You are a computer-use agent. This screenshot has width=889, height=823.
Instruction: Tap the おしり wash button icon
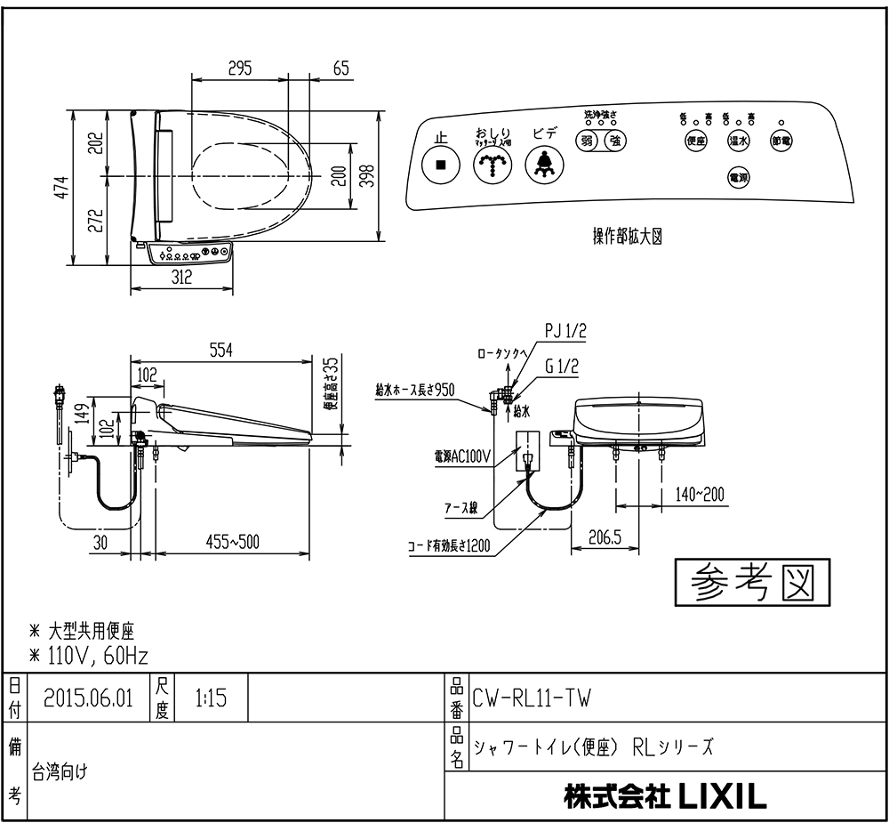point(492,165)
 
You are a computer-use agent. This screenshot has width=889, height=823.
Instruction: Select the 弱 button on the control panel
point(587,140)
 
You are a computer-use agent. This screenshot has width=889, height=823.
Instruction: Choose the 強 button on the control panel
point(614,140)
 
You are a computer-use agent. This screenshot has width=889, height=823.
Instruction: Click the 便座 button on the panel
point(696,141)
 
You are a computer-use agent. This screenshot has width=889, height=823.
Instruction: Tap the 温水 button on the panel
point(738,141)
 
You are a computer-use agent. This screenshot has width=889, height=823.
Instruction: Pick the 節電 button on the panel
point(781,141)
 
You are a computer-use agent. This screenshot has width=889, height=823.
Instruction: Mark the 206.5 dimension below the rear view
point(605,537)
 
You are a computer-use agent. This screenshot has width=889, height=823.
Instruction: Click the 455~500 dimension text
point(232,542)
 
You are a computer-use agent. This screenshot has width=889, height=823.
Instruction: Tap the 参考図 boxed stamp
point(751,583)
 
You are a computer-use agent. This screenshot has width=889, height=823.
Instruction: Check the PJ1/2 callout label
point(565,332)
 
